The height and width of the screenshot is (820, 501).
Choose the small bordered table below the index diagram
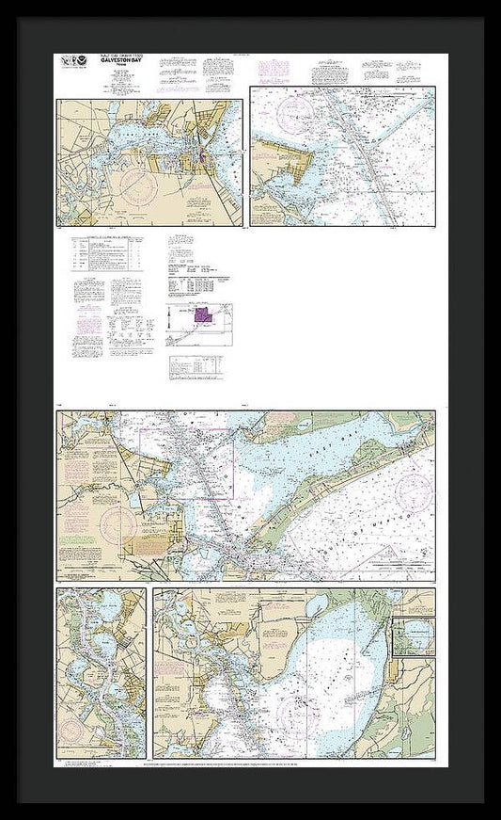point(196,366)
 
